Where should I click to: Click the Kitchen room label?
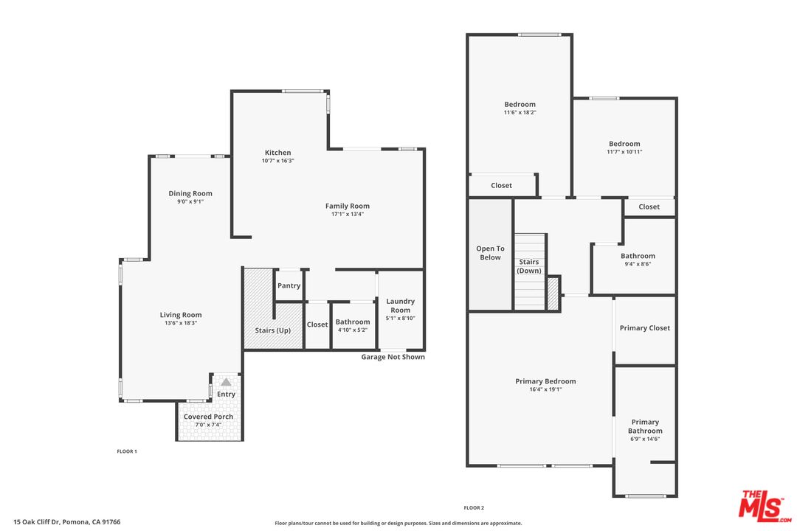[x=277, y=153]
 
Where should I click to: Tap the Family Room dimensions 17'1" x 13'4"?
[x=348, y=215]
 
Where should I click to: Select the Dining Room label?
[x=190, y=193]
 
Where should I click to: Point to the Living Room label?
[x=181, y=315]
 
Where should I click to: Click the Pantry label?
[x=289, y=286]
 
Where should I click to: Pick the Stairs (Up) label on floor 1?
[x=272, y=330]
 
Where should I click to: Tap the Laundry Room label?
[x=401, y=305]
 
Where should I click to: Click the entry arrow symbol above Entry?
[x=226, y=382]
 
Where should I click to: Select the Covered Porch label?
[x=208, y=417]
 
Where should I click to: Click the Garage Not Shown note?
[x=393, y=357]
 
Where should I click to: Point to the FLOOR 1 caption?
[x=127, y=451]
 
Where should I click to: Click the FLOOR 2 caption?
[x=474, y=508]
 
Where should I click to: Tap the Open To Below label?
[x=490, y=253]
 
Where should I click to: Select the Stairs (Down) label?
[x=529, y=266]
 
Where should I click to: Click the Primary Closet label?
[x=644, y=328]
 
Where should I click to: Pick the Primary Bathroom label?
[x=645, y=426]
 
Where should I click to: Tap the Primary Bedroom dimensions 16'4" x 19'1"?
[x=545, y=389]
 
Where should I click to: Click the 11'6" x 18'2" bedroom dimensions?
[x=520, y=113]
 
